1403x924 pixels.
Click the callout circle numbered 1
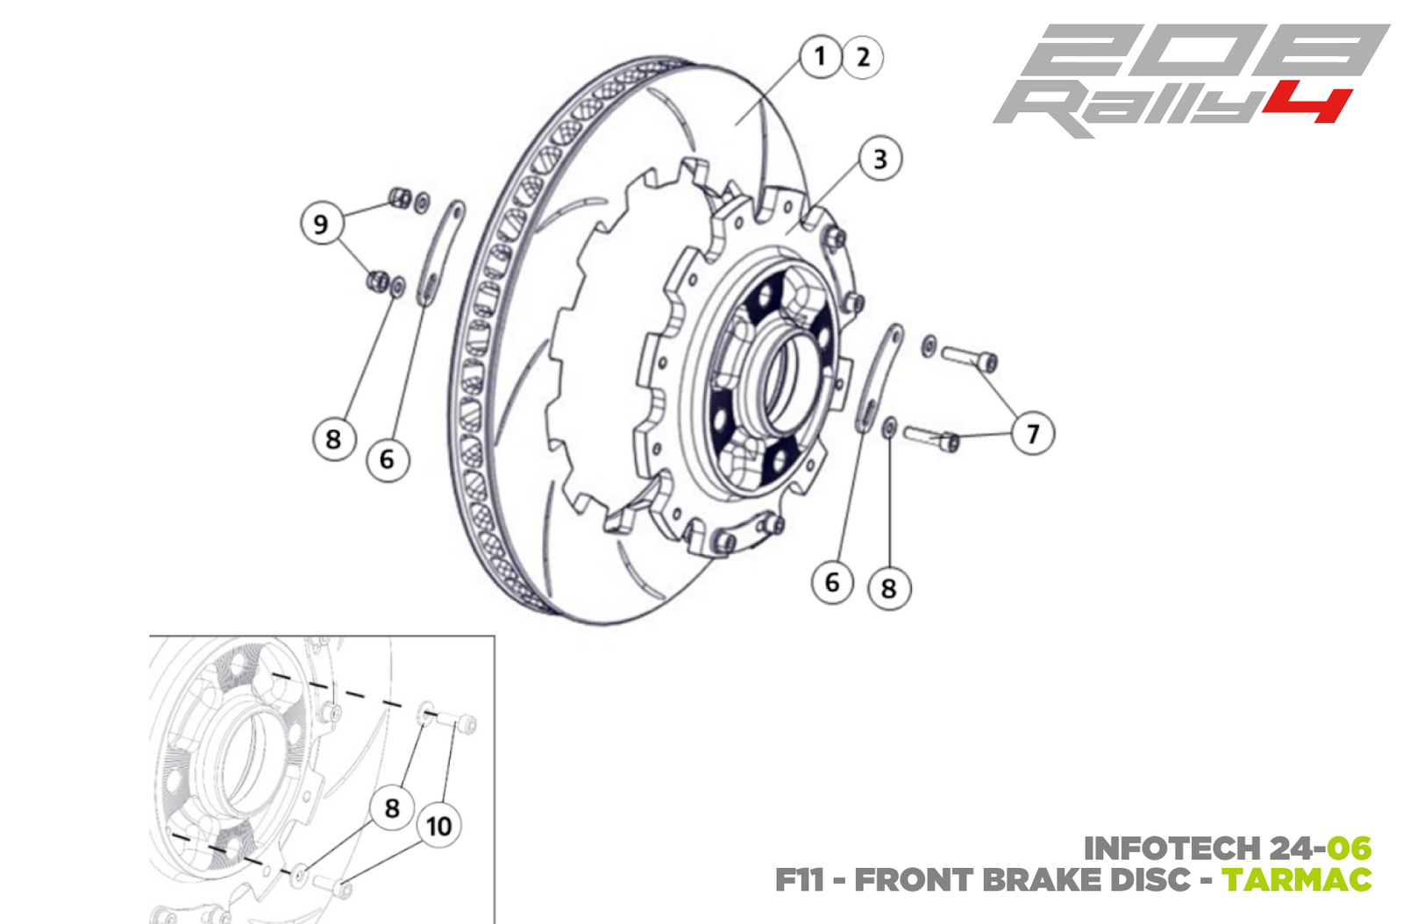(x=820, y=57)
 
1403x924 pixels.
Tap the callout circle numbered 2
(x=863, y=58)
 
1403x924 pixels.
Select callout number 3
(x=880, y=160)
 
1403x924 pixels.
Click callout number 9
(x=321, y=224)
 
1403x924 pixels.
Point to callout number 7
(x=1032, y=433)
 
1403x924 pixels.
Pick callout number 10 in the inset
(x=438, y=826)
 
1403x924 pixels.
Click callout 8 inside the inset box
(x=392, y=807)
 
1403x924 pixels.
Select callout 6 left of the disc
(x=387, y=458)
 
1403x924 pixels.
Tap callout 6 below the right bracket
(x=831, y=582)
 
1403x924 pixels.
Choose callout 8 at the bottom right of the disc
(x=888, y=588)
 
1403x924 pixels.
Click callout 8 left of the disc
(x=333, y=438)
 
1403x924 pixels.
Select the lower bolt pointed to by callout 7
(x=931, y=436)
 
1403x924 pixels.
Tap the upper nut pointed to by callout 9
(x=399, y=197)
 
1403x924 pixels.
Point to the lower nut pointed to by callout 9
(x=377, y=281)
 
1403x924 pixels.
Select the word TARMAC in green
(x=1296, y=879)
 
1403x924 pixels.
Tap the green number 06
(x=1349, y=848)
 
